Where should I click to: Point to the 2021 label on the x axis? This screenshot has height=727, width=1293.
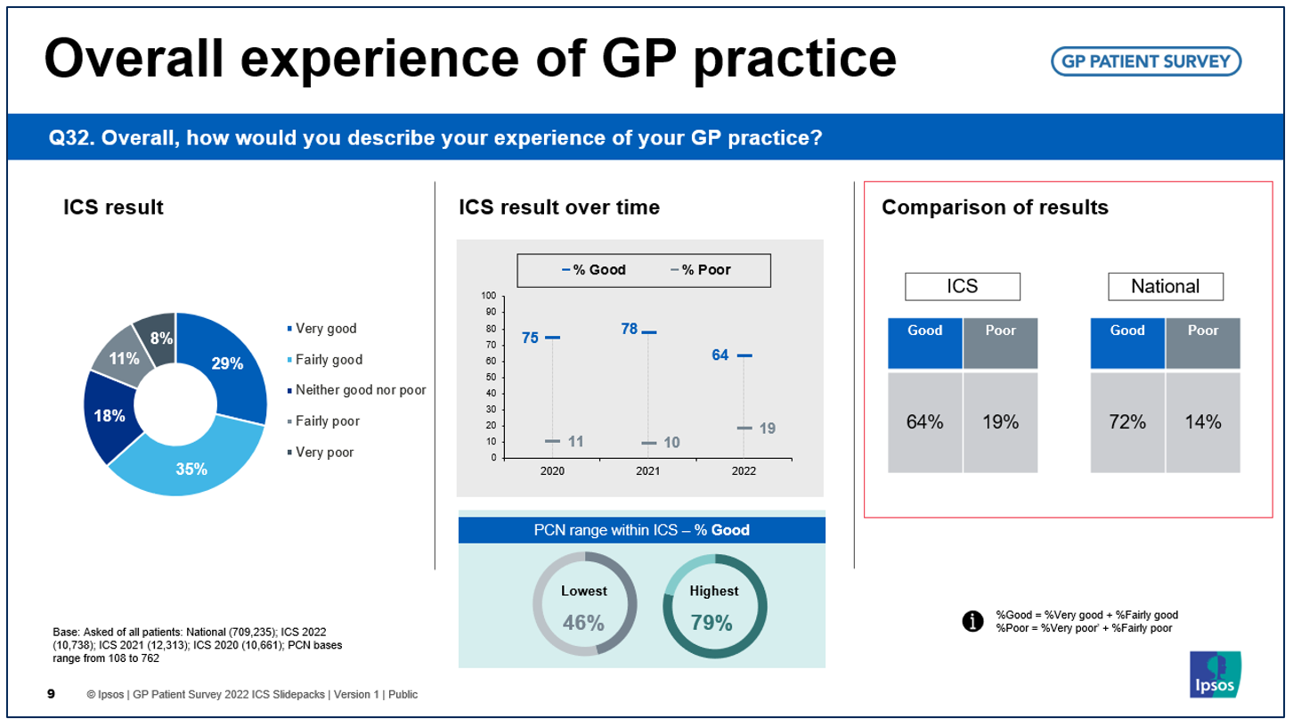647,471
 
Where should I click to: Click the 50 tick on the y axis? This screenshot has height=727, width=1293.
491,377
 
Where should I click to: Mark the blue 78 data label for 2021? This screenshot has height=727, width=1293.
630,329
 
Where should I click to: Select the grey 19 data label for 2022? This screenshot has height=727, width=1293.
767,429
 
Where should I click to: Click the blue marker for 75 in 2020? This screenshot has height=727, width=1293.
552,338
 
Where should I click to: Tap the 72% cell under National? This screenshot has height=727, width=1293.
1127,422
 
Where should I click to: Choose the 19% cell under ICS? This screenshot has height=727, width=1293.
1000,422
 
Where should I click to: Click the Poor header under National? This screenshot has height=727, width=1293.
1203,343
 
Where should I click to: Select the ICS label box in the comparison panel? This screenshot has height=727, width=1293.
963,286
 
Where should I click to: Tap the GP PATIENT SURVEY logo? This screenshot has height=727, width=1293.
1146,61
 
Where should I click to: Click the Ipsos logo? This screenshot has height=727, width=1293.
1215,674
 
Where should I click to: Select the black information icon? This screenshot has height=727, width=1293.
972,621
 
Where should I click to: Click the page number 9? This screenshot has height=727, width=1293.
51,693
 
